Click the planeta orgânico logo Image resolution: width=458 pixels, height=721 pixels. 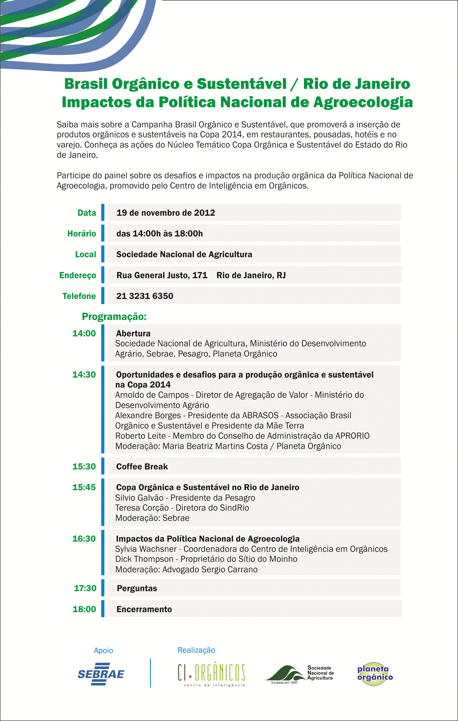(x=375, y=674)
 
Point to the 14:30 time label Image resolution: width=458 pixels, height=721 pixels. (x=84, y=375)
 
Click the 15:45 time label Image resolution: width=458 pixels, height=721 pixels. (x=84, y=487)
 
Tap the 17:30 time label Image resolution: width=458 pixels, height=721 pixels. (x=85, y=588)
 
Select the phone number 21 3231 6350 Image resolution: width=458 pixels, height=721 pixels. (x=145, y=296)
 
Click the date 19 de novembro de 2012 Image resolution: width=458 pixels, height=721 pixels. (x=166, y=213)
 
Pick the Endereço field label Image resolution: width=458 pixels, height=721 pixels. (x=78, y=275)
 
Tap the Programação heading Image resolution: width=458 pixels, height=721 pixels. (x=114, y=316)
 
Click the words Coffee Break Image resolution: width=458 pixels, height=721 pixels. (x=142, y=466)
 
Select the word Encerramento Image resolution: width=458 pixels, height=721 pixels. (x=144, y=609)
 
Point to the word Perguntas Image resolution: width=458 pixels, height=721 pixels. (x=137, y=588)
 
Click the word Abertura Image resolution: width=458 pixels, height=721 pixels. (x=133, y=333)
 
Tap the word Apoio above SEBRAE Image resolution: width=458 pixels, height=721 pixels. (x=103, y=650)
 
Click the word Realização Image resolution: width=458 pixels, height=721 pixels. (x=196, y=650)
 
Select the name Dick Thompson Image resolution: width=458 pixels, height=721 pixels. (x=144, y=559)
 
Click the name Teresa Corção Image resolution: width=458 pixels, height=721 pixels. (x=142, y=508)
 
